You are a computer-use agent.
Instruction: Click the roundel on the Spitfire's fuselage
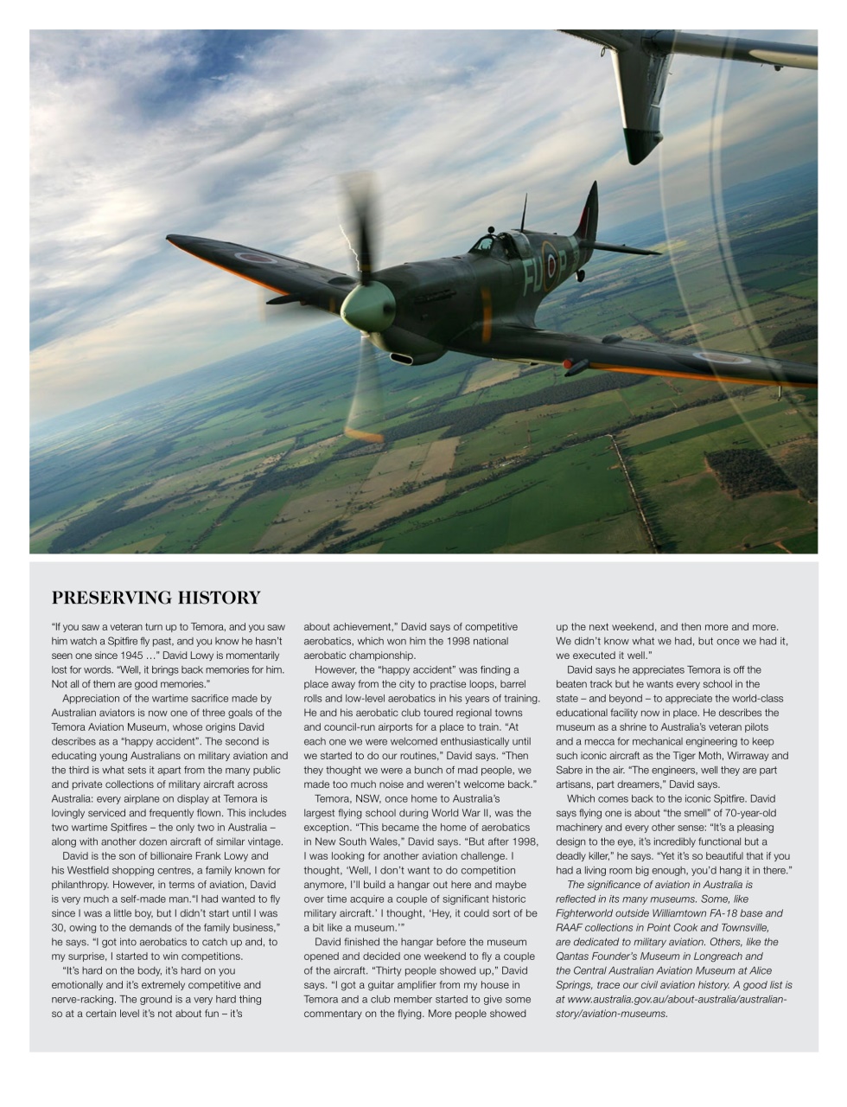click(550, 259)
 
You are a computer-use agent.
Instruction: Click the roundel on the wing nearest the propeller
click(257, 257)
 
